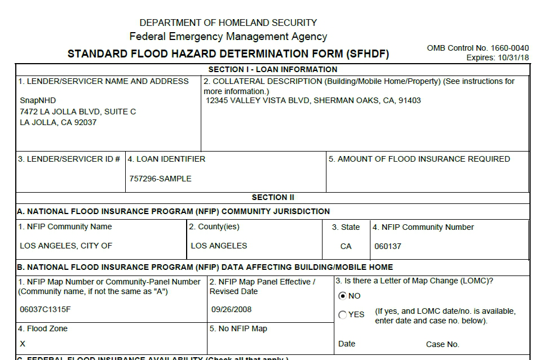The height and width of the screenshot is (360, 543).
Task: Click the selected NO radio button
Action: tap(342, 296)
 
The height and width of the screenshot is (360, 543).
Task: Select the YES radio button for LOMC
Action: tap(342, 315)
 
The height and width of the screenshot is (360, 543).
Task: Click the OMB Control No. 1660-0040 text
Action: tap(478, 48)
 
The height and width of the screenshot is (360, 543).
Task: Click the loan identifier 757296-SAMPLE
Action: tap(160, 179)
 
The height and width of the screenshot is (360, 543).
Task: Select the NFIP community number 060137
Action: tap(388, 246)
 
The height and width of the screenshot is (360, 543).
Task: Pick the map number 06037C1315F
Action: tap(45, 309)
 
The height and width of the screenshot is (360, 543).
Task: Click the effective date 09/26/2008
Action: tap(231, 309)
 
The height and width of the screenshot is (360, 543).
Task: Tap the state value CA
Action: tap(346, 246)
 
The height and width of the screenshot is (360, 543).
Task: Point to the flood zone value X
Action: tap(23, 343)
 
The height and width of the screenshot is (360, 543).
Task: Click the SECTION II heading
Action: tap(273, 198)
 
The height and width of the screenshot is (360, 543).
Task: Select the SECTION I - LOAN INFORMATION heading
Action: tap(273, 70)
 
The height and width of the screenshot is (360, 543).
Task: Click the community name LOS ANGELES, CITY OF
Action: tap(66, 246)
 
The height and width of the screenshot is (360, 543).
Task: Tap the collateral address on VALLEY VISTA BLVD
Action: tap(314, 101)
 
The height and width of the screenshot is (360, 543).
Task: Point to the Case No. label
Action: tap(443, 344)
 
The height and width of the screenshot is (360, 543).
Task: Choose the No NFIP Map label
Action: tap(239, 328)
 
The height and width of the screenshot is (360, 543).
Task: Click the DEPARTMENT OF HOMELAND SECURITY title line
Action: tap(228, 23)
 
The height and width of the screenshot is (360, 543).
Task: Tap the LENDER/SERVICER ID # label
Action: tap(69, 159)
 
